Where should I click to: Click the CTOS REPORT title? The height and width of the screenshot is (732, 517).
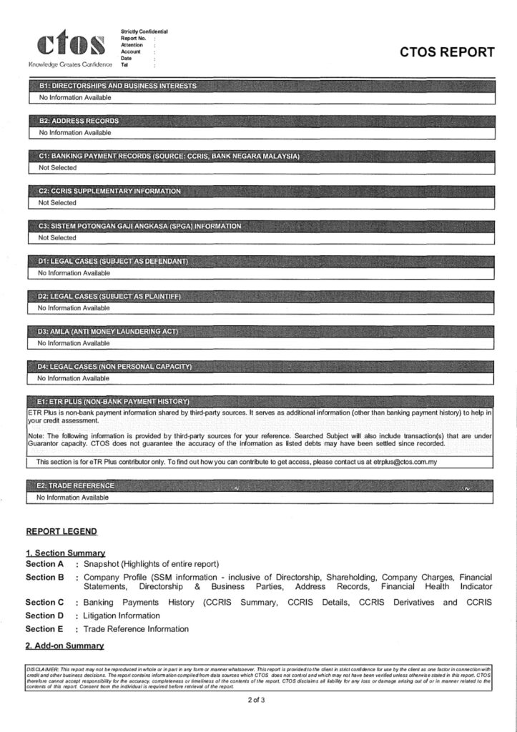pyautogui.click(x=447, y=52)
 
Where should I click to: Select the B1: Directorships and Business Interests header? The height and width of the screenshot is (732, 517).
pyautogui.click(x=117, y=86)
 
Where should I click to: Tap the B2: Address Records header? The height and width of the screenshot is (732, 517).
pyautogui.click(x=79, y=121)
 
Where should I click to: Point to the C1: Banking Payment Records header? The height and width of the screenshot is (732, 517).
pyautogui.click(x=169, y=156)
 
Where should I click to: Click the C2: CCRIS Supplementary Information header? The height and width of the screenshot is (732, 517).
pyautogui.click(x=109, y=191)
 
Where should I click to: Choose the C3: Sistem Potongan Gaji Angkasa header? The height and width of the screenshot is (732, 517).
pyautogui.click(x=139, y=226)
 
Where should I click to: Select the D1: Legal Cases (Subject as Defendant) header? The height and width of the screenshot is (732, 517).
pyautogui.click(x=113, y=261)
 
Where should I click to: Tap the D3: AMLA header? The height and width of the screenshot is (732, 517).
pyautogui.click(x=107, y=332)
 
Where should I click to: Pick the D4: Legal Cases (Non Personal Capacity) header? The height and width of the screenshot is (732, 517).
pyautogui.click(x=114, y=367)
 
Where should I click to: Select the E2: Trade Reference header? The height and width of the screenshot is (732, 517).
pyautogui.click(x=75, y=485)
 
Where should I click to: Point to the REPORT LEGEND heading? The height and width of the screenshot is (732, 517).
pyautogui.click(x=61, y=532)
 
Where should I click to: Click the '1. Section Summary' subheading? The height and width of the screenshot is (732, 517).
pyautogui.click(x=66, y=553)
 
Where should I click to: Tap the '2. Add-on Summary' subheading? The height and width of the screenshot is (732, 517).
pyautogui.click(x=65, y=646)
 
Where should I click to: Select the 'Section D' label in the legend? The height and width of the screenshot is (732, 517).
pyautogui.click(x=45, y=615)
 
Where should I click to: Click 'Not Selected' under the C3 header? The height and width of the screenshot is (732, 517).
pyautogui.click(x=57, y=237)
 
